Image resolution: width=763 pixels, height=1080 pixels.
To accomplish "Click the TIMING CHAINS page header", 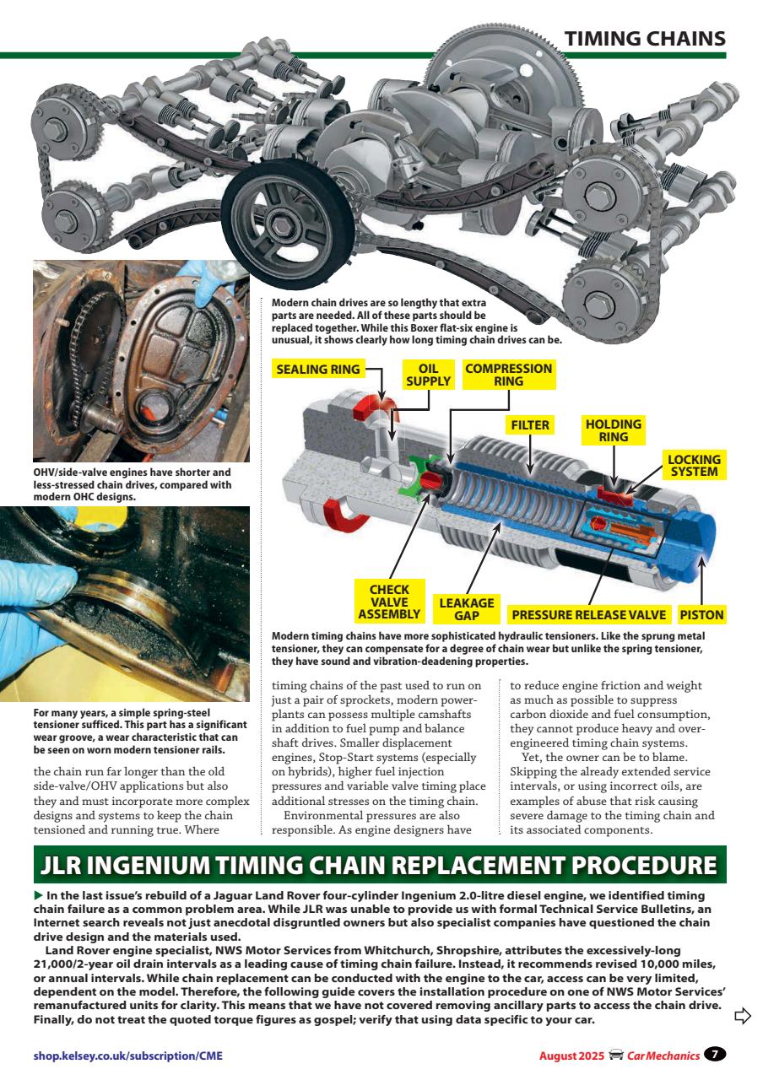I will pos(644,39).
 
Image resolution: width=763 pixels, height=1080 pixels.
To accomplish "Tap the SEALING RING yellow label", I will pos(317,369).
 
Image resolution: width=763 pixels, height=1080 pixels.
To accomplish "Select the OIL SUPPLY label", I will pos(429,375).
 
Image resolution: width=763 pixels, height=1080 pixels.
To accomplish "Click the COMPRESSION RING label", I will pos(508,375).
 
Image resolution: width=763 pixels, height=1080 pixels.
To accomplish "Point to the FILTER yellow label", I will pos(530,425).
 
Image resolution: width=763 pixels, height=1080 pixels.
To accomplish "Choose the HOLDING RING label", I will pos(613,430).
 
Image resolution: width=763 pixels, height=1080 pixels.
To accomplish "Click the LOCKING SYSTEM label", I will pos(694,466).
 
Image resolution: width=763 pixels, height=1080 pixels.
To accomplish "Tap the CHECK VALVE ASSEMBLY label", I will pos(389,602).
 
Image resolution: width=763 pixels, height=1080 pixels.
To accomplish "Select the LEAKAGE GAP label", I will pos(466,608).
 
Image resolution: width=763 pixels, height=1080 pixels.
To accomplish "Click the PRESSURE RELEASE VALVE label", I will pos(588,614).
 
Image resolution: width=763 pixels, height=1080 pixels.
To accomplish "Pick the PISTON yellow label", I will pos(701,614).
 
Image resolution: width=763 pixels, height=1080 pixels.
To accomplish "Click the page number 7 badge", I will pos(715,1054).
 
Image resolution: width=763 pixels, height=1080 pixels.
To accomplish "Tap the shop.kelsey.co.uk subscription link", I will pos(127,1055).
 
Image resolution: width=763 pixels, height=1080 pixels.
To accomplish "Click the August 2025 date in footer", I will pos(571,1055).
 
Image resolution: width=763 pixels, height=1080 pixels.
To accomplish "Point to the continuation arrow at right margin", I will pos(743,1015).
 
